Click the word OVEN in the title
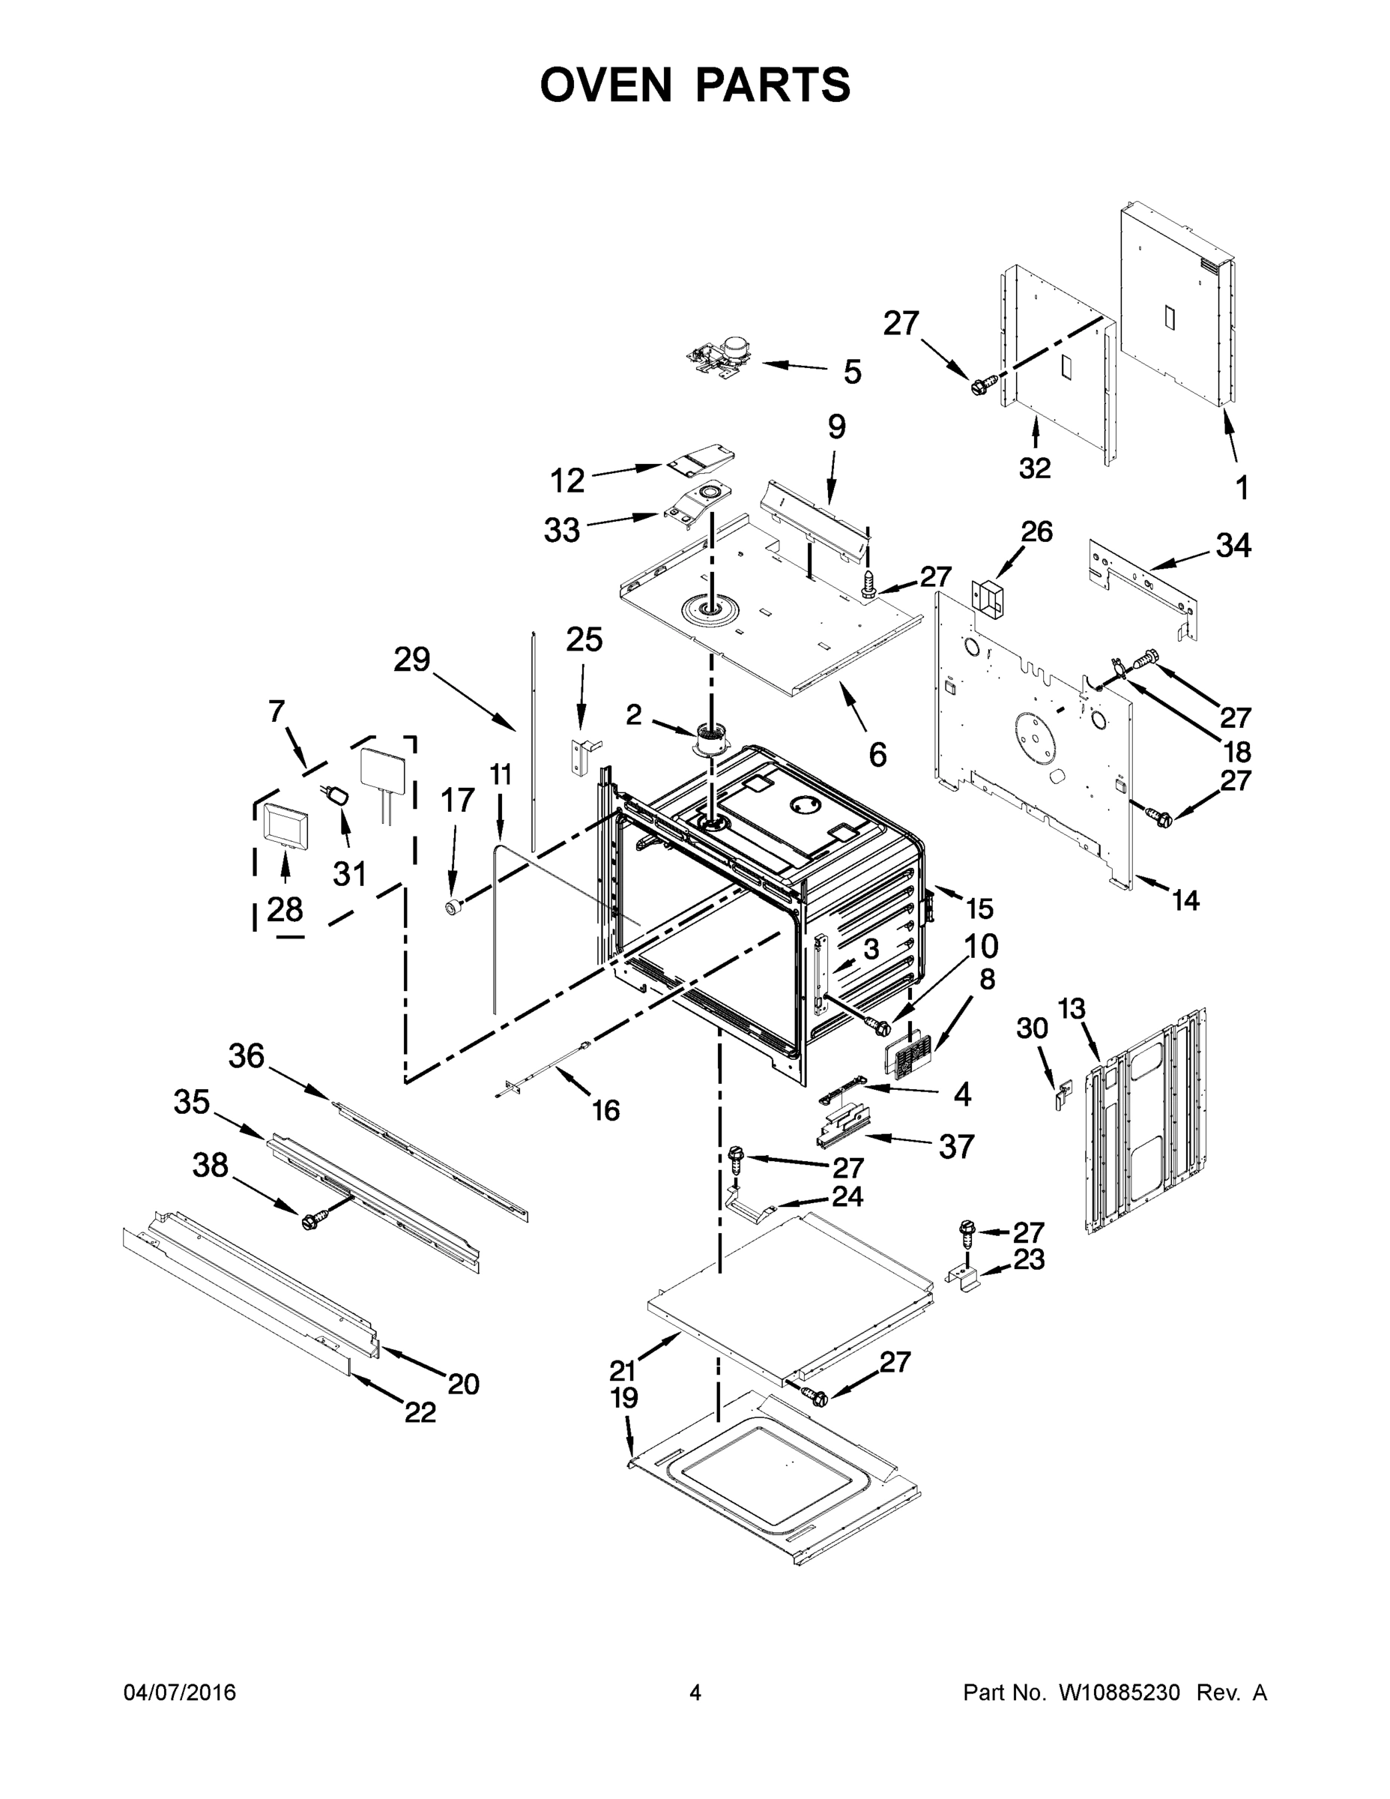[606, 85]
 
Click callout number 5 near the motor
[852, 372]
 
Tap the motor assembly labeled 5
[719, 360]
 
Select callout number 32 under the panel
[1034, 468]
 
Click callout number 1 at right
[1242, 488]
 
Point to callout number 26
[1037, 531]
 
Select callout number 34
[1233, 545]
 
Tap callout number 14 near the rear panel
[1185, 900]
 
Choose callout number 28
[285, 909]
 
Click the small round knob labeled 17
[451, 907]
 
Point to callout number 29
[411, 659]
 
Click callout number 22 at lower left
[420, 1413]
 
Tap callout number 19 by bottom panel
[624, 1399]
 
